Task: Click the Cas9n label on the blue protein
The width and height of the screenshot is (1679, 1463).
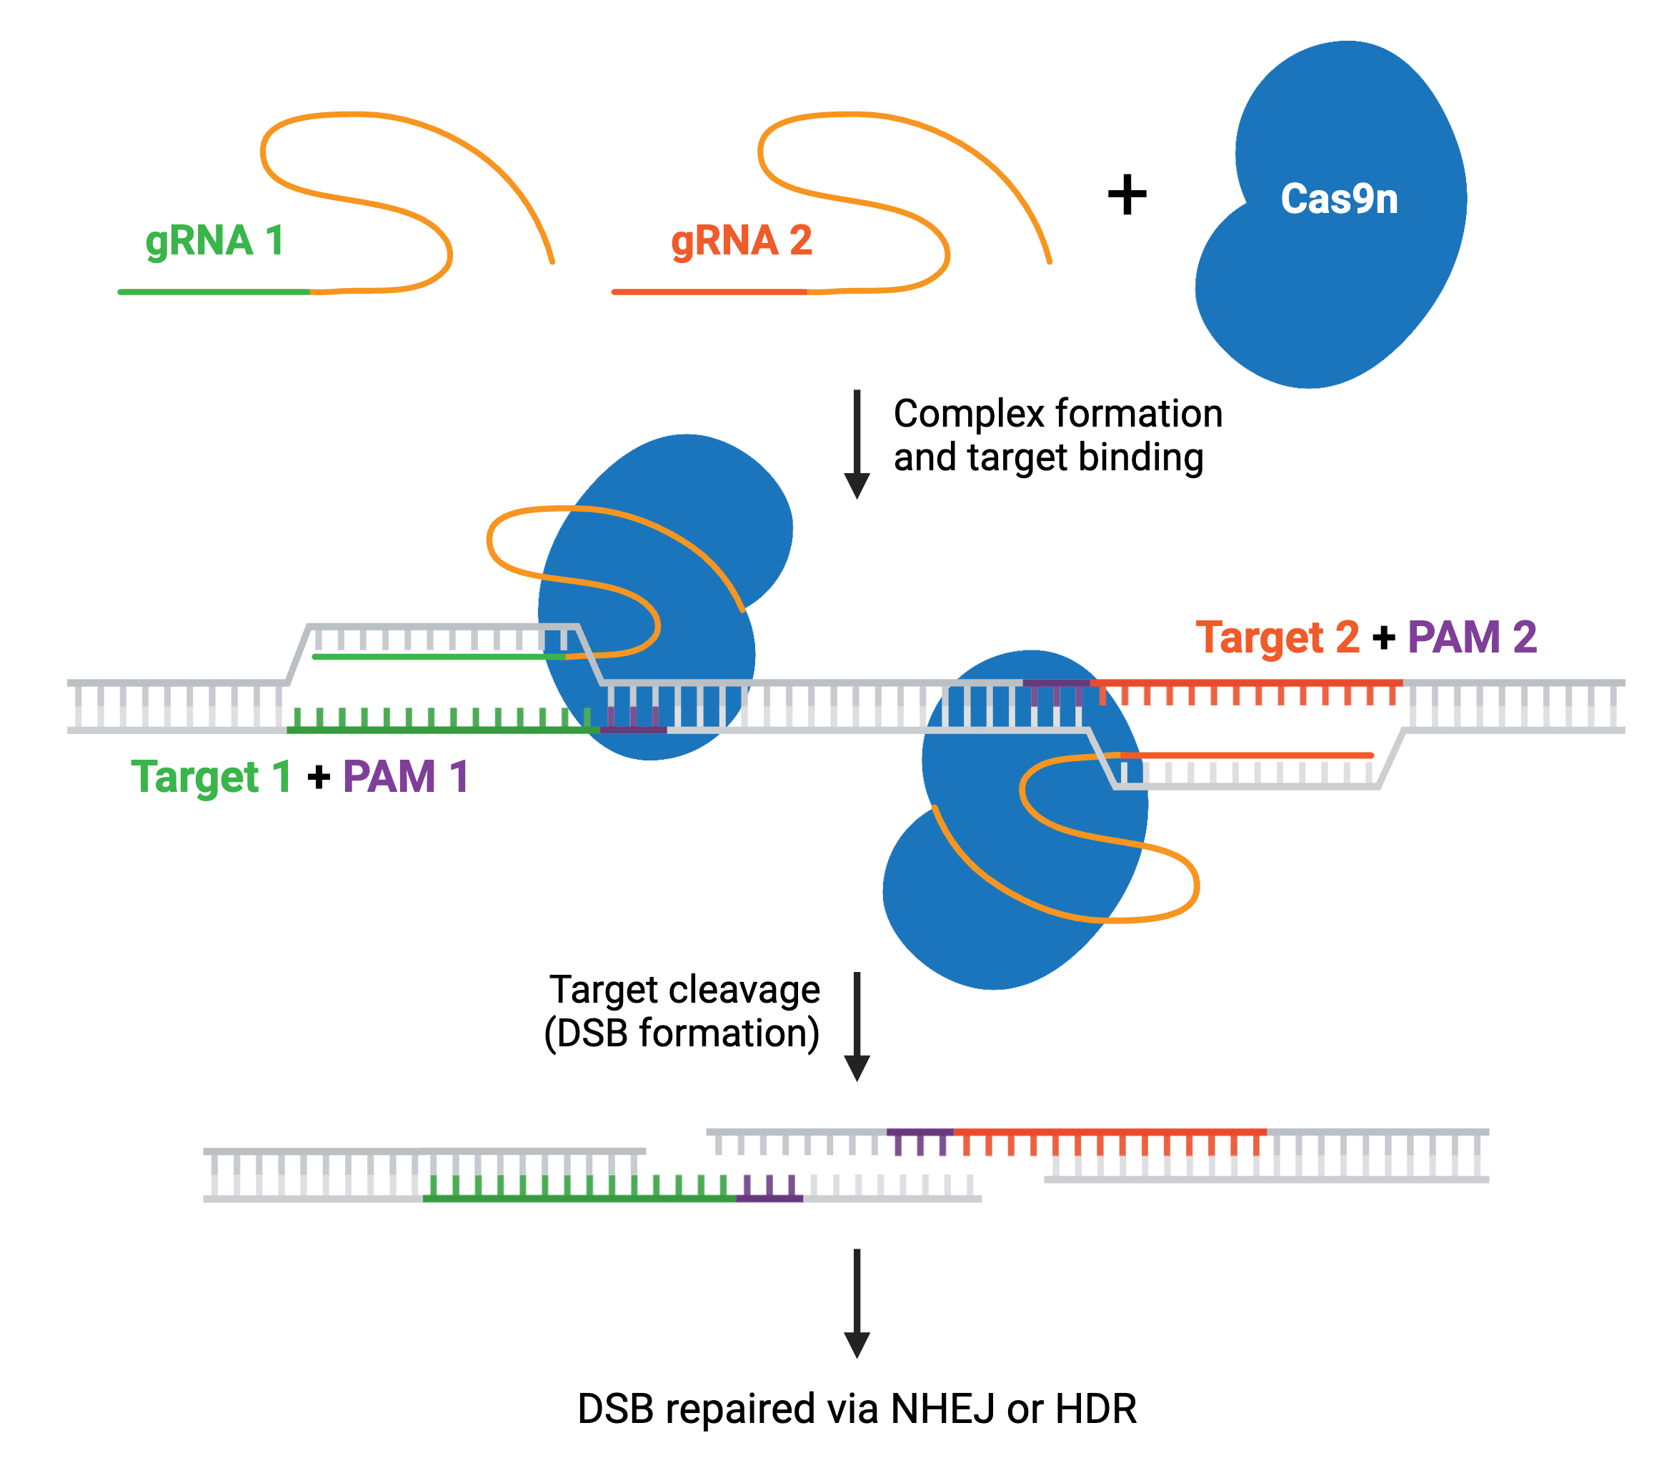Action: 1339,199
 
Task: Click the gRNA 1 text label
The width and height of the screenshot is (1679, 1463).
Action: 214,241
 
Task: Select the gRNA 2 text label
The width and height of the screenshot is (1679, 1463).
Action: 741,241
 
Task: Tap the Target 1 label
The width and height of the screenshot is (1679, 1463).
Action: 211,776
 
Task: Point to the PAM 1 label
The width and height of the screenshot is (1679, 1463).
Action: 405,776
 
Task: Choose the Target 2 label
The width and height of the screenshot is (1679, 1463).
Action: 1277,637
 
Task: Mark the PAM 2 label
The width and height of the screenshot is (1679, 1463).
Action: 1472,637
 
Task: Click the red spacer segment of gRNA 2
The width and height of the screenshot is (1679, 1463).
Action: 709,292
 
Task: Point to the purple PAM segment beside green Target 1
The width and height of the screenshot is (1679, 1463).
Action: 634,729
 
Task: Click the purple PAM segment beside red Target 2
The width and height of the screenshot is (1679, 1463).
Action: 1055,683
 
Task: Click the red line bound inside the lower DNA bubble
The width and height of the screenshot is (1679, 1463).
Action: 1249,755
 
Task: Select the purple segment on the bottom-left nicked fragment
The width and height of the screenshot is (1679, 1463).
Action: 769,1198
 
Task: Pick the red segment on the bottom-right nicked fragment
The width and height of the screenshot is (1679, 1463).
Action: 1110,1132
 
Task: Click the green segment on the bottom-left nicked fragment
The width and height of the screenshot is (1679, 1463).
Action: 579,1198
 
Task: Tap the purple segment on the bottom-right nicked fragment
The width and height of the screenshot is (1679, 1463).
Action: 920,1132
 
